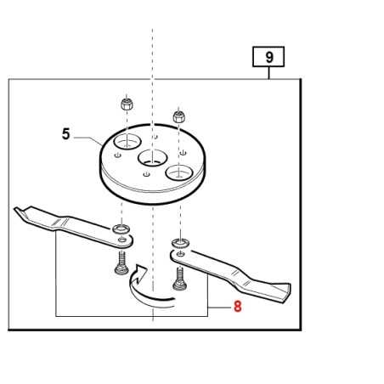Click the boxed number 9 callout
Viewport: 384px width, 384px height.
pyautogui.click(x=268, y=57)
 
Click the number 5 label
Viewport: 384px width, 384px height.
pyautogui.click(x=65, y=133)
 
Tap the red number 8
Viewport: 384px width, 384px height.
pyautogui.click(x=238, y=306)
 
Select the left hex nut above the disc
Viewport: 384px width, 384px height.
pyautogui.click(x=127, y=104)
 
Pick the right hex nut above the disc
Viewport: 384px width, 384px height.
pyautogui.click(x=179, y=116)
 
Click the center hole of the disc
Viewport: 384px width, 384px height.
pyautogui.click(x=152, y=158)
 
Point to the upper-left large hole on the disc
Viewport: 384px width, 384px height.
pyautogui.click(x=127, y=141)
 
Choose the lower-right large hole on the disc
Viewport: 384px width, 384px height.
pyautogui.click(x=179, y=172)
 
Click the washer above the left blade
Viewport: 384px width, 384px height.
pyautogui.click(x=121, y=229)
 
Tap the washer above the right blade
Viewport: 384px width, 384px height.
pyautogui.click(x=181, y=243)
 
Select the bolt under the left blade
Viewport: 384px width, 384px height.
pyautogui.click(x=121, y=263)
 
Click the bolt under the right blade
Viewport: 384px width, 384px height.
pyautogui.click(x=180, y=280)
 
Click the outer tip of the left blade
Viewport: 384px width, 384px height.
pyautogui.click(x=15, y=210)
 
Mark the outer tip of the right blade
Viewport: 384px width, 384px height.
pyautogui.click(x=289, y=289)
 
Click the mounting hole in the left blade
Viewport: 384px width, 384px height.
pyautogui.click(x=122, y=240)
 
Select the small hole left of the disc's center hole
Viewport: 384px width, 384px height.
pyautogui.click(x=118, y=155)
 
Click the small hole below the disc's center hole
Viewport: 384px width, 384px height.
pyautogui.click(x=146, y=174)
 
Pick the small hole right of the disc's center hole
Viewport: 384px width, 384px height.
pyautogui.click(x=184, y=153)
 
